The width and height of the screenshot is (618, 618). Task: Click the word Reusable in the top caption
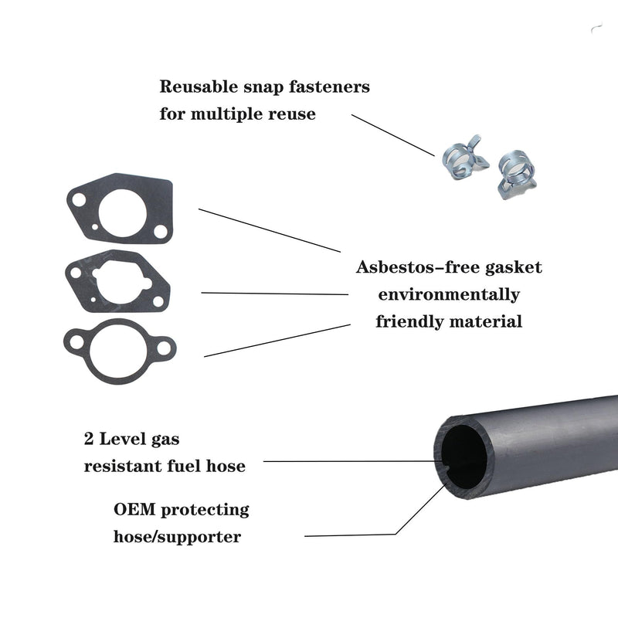click(199, 87)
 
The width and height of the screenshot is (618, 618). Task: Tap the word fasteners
click(330, 87)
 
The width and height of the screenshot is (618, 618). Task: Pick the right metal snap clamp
click(517, 174)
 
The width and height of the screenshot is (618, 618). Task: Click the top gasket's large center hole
click(123, 213)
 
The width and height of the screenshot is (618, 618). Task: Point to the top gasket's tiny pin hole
click(95, 227)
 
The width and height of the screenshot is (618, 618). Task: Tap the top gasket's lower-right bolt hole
click(161, 231)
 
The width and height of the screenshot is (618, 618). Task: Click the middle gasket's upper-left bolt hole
click(75, 273)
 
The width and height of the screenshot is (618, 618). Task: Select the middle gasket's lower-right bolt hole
click(158, 301)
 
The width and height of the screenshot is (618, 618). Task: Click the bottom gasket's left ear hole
click(76, 342)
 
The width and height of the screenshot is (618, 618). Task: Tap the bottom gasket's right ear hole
click(164, 348)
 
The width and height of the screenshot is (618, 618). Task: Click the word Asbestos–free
click(416, 267)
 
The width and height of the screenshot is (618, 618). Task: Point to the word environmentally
click(449, 295)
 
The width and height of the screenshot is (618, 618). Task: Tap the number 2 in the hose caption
click(89, 439)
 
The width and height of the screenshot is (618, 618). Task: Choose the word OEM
click(134, 509)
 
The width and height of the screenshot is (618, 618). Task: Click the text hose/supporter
click(177, 537)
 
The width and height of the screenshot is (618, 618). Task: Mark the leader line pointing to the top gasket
click(269, 230)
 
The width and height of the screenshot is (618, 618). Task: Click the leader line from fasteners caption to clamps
click(393, 135)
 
